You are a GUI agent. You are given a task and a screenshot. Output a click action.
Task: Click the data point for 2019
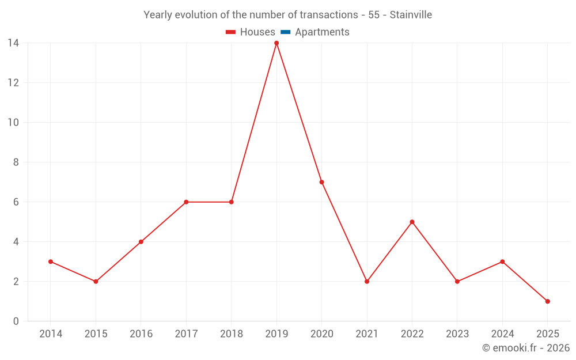tap(276, 43)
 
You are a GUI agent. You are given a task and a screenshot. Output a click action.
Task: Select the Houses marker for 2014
tap(51, 262)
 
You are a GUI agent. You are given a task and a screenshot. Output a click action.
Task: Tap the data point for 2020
tap(321, 182)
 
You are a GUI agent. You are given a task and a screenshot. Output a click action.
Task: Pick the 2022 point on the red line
tap(412, 222)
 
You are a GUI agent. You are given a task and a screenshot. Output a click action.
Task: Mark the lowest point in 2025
tap(547, 301)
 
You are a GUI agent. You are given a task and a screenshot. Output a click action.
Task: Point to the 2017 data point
tap(186, 202)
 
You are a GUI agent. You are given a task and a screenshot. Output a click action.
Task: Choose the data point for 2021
tap(367, 282)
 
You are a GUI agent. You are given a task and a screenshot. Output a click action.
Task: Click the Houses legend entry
tap(257, 32)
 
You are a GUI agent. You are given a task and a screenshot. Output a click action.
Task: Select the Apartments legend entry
tap(322, 32)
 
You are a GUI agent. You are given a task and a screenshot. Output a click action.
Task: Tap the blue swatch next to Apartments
tap(286, 32)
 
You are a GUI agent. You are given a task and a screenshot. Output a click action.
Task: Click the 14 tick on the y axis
tap(13, 43)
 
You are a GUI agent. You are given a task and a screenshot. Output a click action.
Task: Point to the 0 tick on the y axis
tap(16, 321)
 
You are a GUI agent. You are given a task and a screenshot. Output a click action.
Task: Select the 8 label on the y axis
tap(16, 162)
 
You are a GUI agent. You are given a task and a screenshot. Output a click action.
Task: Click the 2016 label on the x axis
tap(141, 334)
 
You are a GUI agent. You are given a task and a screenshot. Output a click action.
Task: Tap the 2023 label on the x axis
tap(457, 334)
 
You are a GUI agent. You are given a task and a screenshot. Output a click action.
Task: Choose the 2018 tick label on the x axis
tap(232, 334)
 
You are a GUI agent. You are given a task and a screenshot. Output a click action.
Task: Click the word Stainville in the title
tap(411, 15)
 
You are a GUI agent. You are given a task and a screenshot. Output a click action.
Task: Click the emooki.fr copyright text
tap(526, 348)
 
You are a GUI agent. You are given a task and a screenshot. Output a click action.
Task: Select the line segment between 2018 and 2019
tap(254, 123)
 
